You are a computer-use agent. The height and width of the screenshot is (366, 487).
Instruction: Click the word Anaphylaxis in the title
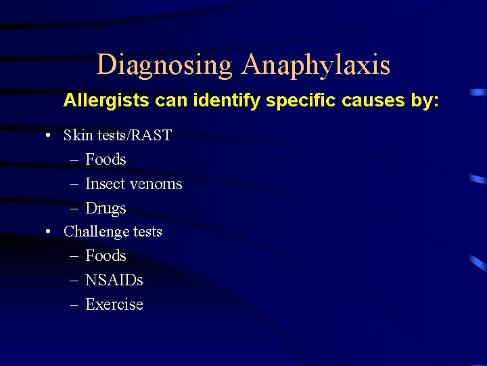click(x=316, y=65)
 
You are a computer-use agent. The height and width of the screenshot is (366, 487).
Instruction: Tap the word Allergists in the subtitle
click(x=107, y=101)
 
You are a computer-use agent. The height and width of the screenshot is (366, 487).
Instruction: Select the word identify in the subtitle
click(x=227, y=101)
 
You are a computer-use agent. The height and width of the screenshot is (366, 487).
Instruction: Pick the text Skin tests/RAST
click(x=118, y=135)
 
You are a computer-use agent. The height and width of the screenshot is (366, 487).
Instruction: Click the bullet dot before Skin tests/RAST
click(x=49, y=136)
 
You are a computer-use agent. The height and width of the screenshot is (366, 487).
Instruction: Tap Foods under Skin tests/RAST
click(x=106, y=159)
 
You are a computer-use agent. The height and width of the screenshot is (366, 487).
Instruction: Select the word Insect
click(x=107, y=184)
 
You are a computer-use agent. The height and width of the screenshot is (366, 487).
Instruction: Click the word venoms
click(x=158, y=184)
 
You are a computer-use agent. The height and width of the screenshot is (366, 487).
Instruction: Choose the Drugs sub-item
click(x=106, y=208)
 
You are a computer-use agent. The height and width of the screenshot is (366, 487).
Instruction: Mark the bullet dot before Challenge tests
click(x=49, y=232)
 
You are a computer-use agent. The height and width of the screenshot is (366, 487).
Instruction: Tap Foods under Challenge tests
click(x=106, y=256)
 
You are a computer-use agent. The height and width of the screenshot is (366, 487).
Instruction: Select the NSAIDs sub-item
click(x=114, y=280)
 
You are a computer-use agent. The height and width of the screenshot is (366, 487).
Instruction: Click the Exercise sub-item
click(x=114, y=304)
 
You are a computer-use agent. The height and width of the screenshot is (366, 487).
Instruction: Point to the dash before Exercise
click(x=74, y=305)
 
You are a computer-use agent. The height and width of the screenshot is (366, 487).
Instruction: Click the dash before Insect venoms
click(x=74, y=184)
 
